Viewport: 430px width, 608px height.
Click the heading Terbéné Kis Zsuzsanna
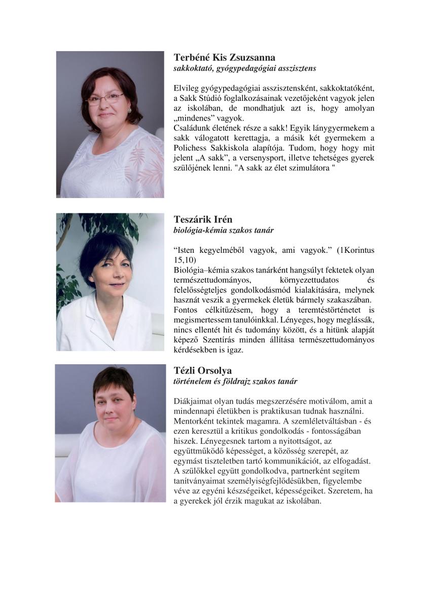click(224, 57)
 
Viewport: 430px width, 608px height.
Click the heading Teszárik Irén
click(203, 220)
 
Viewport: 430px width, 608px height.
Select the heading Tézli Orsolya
click(202, 371)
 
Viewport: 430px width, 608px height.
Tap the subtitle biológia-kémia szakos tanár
click(224, 231)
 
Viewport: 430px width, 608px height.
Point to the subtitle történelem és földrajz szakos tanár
click(235, 382)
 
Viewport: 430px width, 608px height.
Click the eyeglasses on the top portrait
click(105, 99)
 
